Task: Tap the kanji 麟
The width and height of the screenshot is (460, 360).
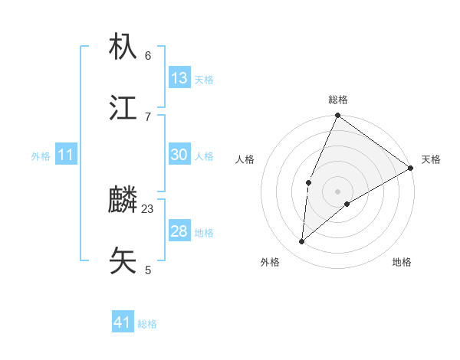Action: pyautogui.click(x=123, y=201)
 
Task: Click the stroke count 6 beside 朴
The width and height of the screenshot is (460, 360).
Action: pyautogui.click(x=148, y=55)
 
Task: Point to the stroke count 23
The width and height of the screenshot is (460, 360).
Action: pyautogui.click(x=148, y=208)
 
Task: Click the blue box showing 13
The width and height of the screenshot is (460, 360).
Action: pyautogui.click(x=179, y=78)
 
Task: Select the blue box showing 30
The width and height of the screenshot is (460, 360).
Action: pyautogui.click(x=179, y=155)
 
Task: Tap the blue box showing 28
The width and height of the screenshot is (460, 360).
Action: pyautogui.click(x=179, y=231)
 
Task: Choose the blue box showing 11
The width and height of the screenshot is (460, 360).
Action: pyautogui.click(x=66, y=155)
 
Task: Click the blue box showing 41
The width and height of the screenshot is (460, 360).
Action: pyautogui.click(x=123, y=322)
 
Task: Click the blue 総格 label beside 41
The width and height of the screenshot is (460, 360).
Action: pyautogui.click(x=147, y=324)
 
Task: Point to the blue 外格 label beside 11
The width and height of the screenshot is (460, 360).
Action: pyautogui.click(x=41, y=156)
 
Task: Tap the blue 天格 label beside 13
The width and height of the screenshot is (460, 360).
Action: pyautogui.click(x=204, y=80)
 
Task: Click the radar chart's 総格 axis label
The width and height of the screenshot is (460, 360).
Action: pyautogui.click(x=338, y=100)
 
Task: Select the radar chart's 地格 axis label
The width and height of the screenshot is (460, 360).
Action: pyautogui.click(x=402, y=263)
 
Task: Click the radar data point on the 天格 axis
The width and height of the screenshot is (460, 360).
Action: pyautogui.click(x=411, y=168)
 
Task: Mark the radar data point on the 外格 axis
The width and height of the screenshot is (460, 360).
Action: pyautogui.click(x=302, y=242)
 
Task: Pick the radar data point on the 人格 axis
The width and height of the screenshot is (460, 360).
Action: pyautogui.click(x=308, y=182)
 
